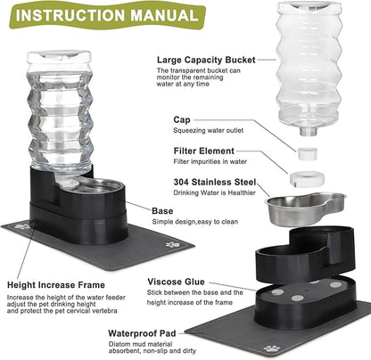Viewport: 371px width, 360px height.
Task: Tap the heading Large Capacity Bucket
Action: (206, 59)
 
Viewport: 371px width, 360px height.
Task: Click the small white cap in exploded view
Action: (309, 154)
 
